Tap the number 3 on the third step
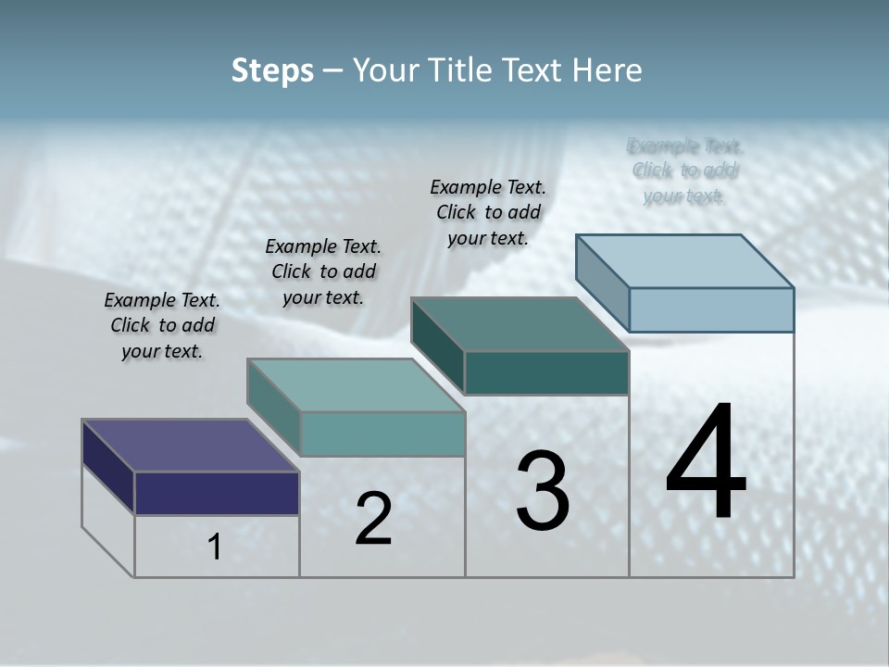coord(543,491)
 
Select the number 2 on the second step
coord(373,519)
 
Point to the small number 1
coord(215,547)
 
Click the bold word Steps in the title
coord(272,70)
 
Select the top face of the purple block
coord(190,446)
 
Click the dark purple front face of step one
coord(217,493)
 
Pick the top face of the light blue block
coord(685,260)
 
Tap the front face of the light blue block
coord(711,309)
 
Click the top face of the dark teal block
coord(520,324)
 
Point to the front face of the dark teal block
coord(546,372)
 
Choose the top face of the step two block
coord(356,385)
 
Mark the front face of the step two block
coord(382,434)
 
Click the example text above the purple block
coord(162,325)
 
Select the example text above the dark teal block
coord(488,212)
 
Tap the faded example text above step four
coord(684,170)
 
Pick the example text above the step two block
coord(323,271)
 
